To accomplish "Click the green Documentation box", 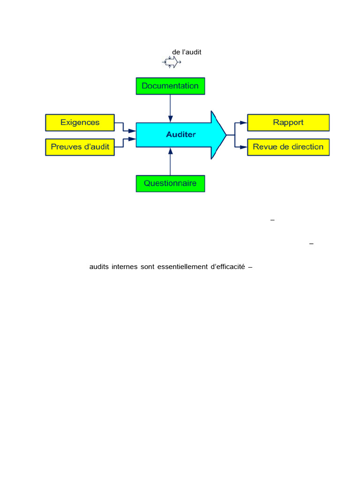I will click(170, 86).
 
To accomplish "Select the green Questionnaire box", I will click(170, 183).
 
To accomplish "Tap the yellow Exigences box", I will click(80, 122).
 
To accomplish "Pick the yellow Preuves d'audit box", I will click(80, 147).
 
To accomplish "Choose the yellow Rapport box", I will click(288, 122).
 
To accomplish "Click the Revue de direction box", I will click(288, 147).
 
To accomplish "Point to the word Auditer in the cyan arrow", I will click(181, 135).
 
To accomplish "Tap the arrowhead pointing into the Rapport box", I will click(243, 122).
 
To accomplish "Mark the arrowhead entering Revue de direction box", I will click(243, 147).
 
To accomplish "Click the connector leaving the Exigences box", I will click(123, 126).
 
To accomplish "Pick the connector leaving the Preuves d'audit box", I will click(123, 143).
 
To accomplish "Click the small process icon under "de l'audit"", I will click(172, 62).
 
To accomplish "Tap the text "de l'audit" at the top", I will click(187, 52).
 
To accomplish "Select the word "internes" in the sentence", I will click(124, 267).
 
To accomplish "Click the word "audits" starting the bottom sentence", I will click(98, 267).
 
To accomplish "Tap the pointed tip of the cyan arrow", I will click(226, 135).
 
